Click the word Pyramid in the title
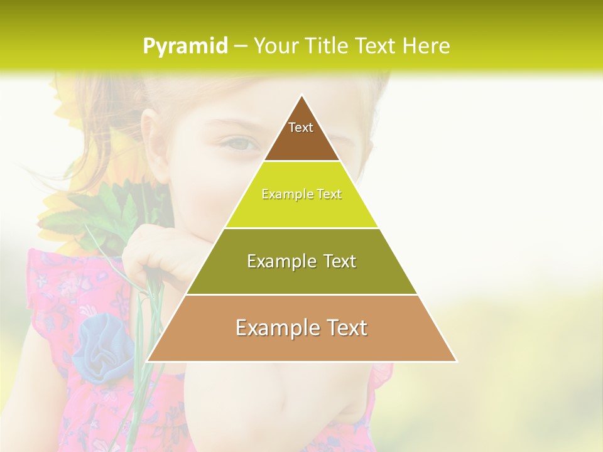coord(185,46)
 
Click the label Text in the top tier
coord(301,127)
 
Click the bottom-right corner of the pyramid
coord(456,361)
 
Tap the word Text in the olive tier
coord(337,261)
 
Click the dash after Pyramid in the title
coord(241,46)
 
